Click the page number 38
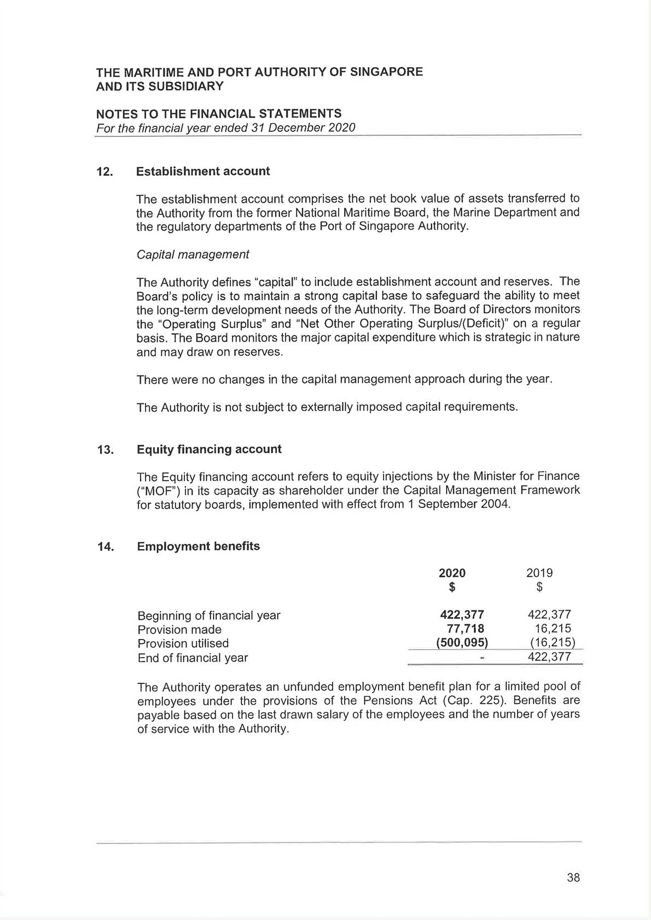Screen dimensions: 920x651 [x=573, y=877]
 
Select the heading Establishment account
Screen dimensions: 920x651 [x=203, y=171]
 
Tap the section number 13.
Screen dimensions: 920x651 [x=105, y=450]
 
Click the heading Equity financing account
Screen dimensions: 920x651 [x=209, y=449]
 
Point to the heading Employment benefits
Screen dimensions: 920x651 [x=198, y=547]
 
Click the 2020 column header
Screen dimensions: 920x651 [x=452, y=573]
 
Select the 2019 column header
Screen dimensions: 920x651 [x=539, y=573]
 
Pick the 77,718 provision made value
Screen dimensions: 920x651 [x=465, y=629]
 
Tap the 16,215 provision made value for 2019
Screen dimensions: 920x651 [x=553, y=629]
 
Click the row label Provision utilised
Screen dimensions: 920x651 [x=183, y=643]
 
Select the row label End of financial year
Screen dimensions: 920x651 [x=193, y=658]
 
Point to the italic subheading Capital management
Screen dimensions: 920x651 [x=193, y=255]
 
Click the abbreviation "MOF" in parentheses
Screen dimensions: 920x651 [x=155, y=490]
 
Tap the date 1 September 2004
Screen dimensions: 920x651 [x=458, y=504]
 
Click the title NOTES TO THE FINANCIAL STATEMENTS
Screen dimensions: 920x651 [x=219, y=114]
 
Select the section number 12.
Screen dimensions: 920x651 [x=104, y=172]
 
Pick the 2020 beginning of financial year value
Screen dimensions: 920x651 [x=462, y=615]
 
